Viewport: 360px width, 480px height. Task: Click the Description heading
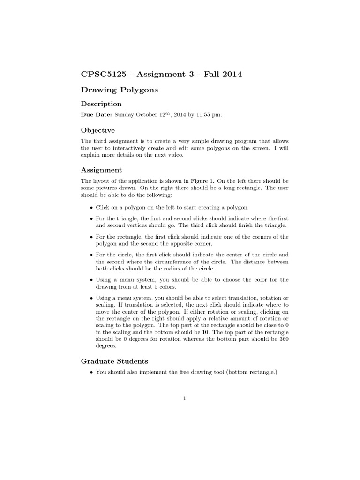[x=101, y=104]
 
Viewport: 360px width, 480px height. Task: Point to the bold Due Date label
[x=96, y=115]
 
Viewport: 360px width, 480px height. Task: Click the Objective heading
[x=97, y=130]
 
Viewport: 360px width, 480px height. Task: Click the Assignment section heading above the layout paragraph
[x=101, y=170]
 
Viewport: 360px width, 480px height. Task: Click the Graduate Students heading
[x=114, y=361]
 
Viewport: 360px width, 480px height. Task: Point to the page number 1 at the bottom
[x=185, y=399]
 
